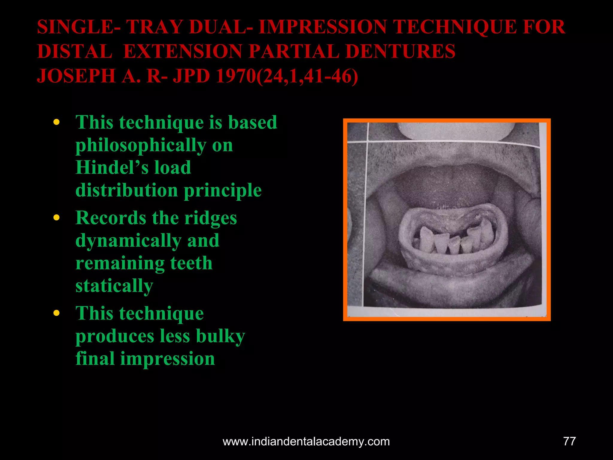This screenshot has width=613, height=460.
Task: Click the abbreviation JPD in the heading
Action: tap(192, 76)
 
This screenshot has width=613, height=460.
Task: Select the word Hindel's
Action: tap(112, 168)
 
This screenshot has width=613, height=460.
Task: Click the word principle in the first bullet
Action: tap(223, 190)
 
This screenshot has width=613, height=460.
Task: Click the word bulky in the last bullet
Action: tap(221, 336)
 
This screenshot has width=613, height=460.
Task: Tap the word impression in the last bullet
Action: tap(168, 359)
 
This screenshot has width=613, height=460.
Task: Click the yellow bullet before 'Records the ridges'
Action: tap(56, 218)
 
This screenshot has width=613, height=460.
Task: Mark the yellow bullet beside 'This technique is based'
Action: tap(56, 122)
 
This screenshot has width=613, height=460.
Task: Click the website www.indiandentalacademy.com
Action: tap(306, 442)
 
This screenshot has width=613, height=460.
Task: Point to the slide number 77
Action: tap(569, 441)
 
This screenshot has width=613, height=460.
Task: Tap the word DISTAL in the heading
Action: tap(75, 52)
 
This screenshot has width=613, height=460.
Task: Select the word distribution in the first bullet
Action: tap(127, 190)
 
